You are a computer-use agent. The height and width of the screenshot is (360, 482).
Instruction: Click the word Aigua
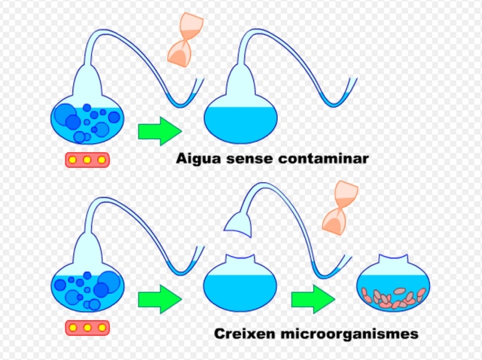197,159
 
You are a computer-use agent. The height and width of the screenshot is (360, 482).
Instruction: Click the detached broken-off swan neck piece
239,222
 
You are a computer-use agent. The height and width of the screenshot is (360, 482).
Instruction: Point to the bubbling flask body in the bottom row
87,288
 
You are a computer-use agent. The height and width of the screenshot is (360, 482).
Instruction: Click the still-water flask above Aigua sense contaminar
241,121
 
